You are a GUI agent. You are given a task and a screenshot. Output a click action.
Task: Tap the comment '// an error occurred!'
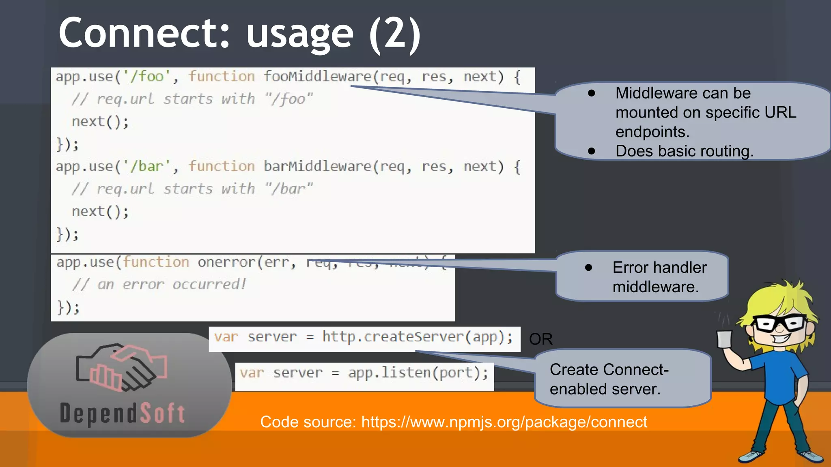(159, 285)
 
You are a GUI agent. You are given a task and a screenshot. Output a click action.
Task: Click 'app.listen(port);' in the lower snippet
(418, 373)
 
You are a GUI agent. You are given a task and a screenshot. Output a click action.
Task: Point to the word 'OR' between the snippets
(540, 339)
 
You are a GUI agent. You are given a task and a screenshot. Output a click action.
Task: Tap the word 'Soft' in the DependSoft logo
(163, 413)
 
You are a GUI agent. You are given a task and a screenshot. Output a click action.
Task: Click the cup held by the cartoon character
(724, 339)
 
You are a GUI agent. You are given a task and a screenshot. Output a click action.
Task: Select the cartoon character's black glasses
(779, 323)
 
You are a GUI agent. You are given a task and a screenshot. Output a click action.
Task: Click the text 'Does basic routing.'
(684, 151)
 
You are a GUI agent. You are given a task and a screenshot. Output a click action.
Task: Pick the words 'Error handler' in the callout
(659, 268)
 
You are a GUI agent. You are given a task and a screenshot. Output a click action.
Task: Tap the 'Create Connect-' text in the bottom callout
(609, 370)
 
